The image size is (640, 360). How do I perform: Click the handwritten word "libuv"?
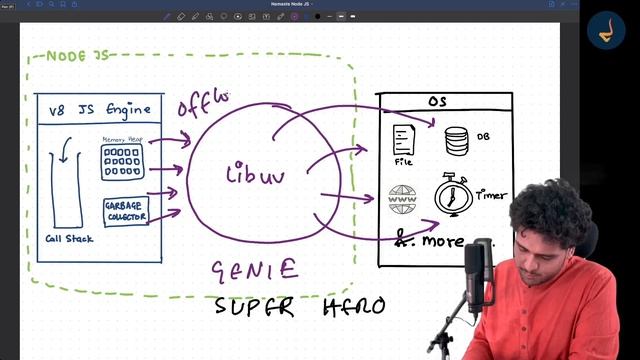pos(255,176)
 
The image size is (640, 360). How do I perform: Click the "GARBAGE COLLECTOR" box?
pos(125,211)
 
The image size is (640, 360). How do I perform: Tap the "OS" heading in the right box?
pos(436,102)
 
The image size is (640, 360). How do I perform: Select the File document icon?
pos(404,139)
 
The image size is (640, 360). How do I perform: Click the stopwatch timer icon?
pos(453,194)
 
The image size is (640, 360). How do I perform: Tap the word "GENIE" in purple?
pos(254,269)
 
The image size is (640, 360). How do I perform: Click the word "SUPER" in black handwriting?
pos(255,306)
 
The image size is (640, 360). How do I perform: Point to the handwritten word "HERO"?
pos(353,306)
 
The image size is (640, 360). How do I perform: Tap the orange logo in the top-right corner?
pos(605,33)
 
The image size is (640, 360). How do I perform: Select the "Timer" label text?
pos(492,195)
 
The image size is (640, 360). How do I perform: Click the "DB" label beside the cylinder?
pos(483,137)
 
